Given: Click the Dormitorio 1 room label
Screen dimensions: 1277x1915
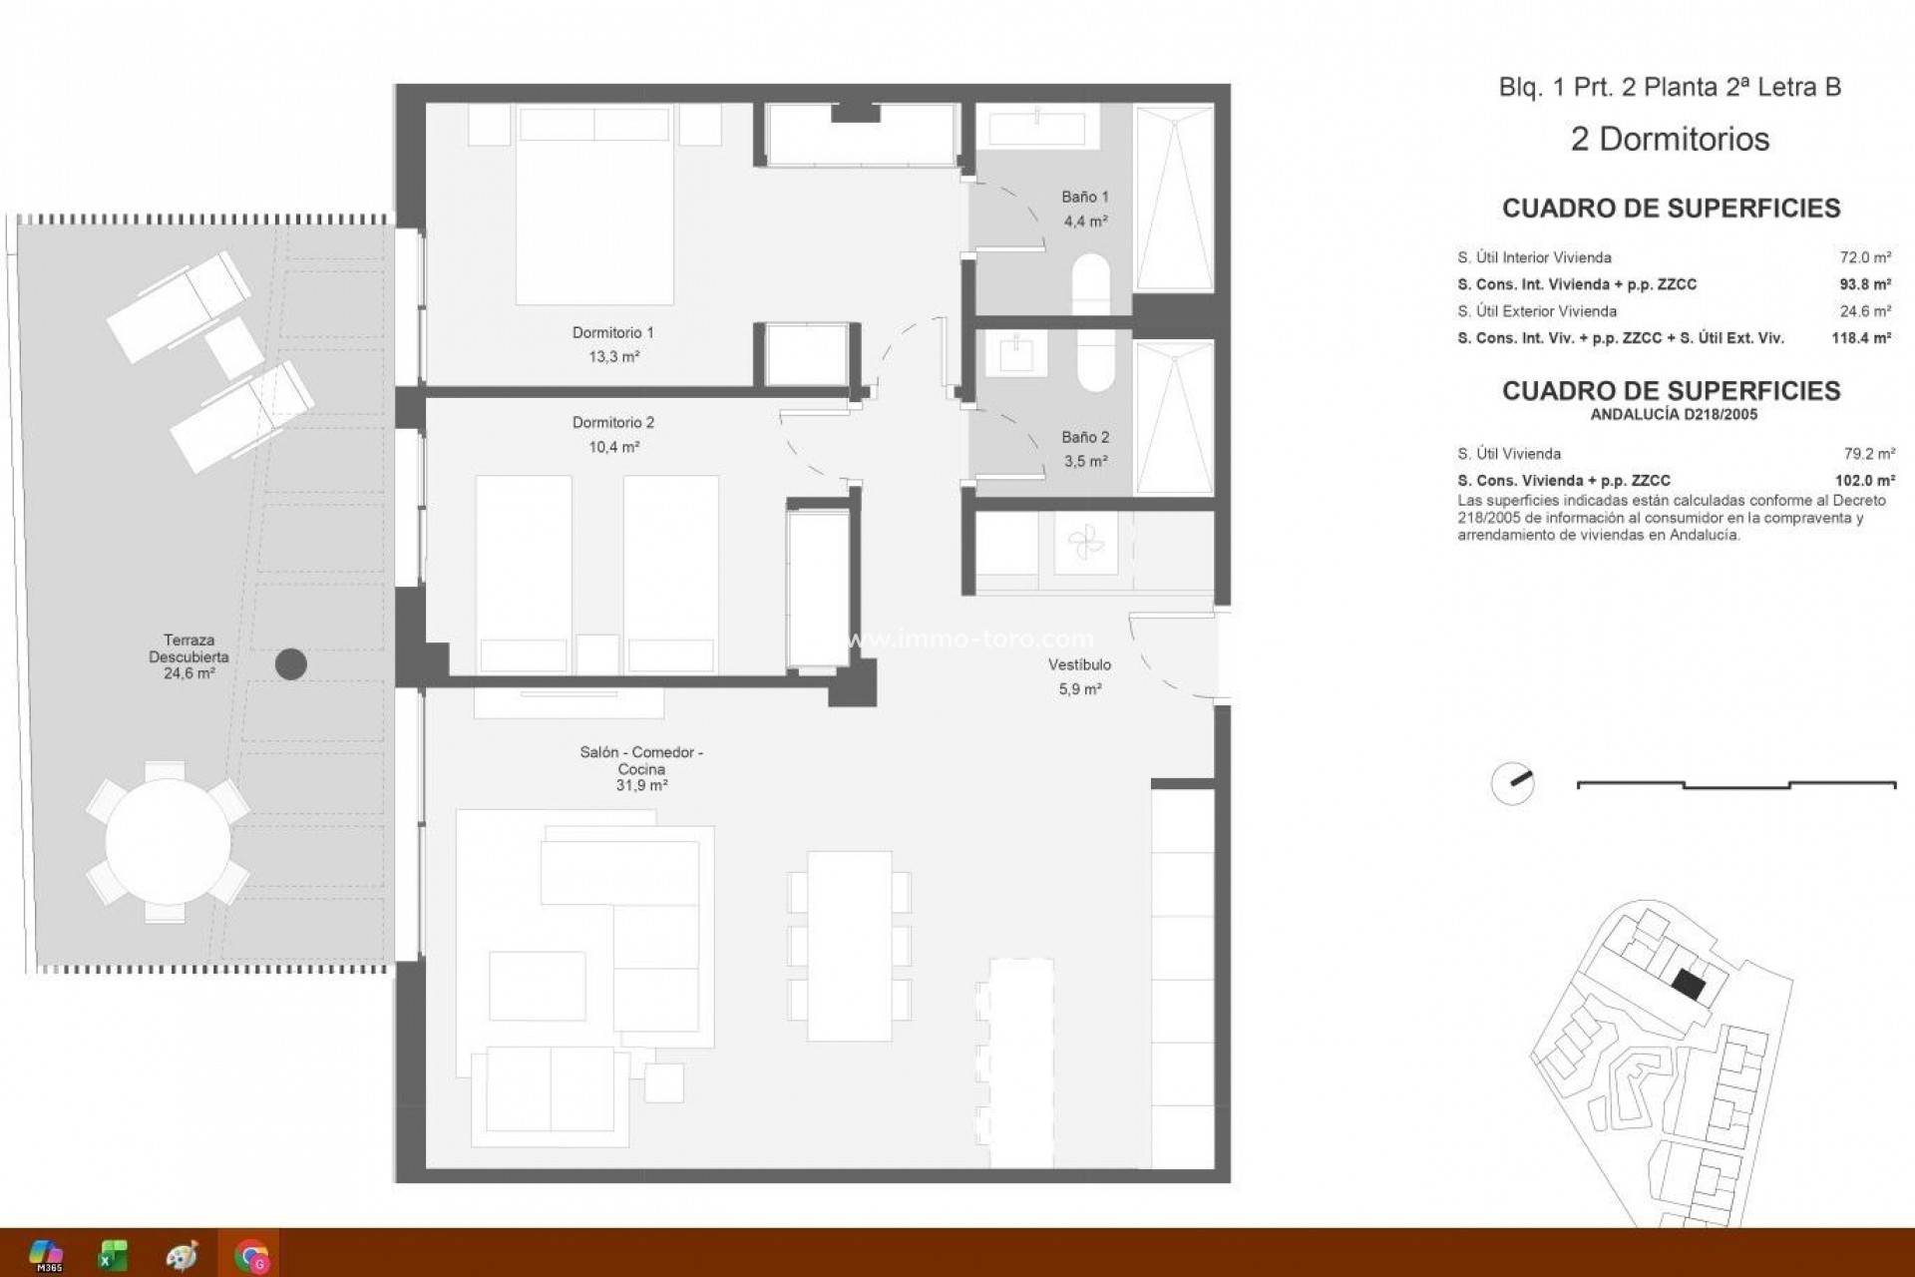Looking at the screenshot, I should (612, 332).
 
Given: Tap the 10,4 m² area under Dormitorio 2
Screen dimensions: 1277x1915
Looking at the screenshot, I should (613, 447).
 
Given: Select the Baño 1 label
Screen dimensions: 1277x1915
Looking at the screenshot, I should (1084, 198).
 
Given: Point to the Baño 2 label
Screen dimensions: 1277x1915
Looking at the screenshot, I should (1084, 437).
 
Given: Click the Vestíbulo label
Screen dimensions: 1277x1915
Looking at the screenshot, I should (1079, 664).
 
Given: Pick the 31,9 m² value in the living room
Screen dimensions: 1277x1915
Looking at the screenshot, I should (641, 786).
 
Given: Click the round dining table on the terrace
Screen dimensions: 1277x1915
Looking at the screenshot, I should (168, 842).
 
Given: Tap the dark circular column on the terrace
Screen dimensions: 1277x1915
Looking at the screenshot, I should (290, 663).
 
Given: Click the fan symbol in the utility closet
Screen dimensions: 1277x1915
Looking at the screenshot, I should (1085, 545).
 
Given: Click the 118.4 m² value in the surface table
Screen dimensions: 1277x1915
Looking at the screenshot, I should (1861, 338).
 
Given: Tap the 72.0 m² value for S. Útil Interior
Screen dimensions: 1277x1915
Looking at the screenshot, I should (1865, 257).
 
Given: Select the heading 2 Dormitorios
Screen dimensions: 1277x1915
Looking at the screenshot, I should (1670, 139).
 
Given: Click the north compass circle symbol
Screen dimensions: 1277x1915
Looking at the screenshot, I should (1512, 784).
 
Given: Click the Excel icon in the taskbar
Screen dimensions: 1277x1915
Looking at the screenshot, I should (113, 1254).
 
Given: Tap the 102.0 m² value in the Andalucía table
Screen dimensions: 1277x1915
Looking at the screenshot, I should (1865, 480).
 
